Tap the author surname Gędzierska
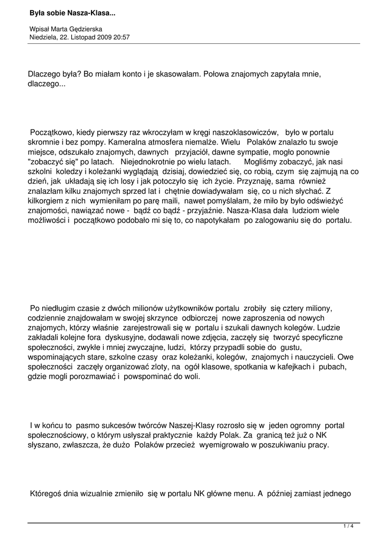coord(96,29)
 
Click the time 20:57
coord(121,37)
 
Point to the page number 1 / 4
coord(348,527)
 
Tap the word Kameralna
coord(145,142)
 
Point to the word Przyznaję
coord(256,181)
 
